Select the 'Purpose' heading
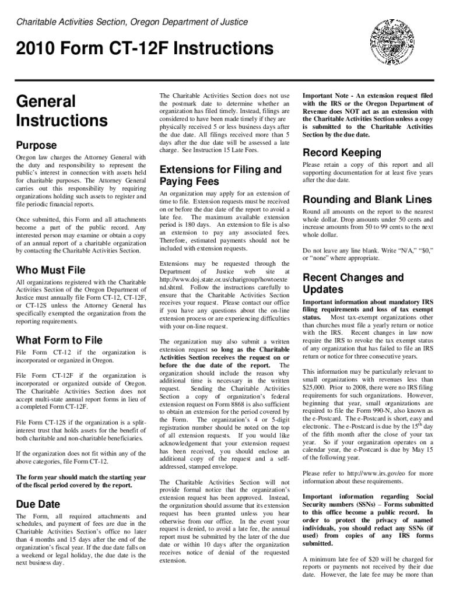(x=36, y=145)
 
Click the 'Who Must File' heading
(x=51, y=270)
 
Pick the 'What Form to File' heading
(x=59, y=340)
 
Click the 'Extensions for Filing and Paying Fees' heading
(x=220, y=175)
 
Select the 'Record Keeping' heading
(x=341, y=153)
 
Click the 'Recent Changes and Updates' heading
(x=353, y=283)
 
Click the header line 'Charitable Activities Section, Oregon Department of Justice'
(x=132, y=22)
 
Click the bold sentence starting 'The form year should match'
(x=81, y=481)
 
